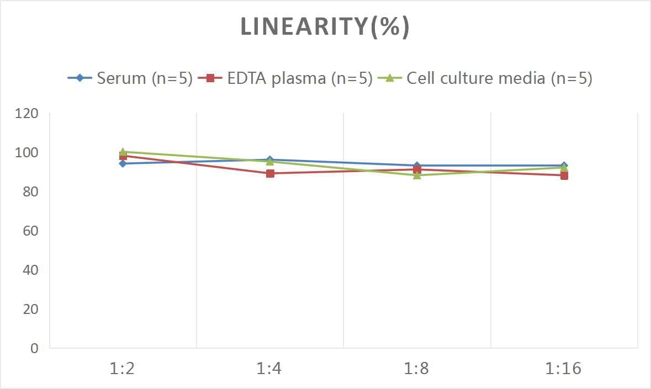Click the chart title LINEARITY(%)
click(325, 27)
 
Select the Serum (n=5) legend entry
click(130, 78)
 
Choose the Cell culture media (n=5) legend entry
click(485, 78)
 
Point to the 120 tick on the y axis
click(27, 114)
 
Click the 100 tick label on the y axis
click(27, 153)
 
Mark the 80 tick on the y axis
click(30, 192)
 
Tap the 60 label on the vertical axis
click(30, 231)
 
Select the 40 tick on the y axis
click(30, 270)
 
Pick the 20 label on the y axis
click(30, 309)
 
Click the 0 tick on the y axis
click(34, 348)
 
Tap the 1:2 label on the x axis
click(123, 369)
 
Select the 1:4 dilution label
click(269, 369)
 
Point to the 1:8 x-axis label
click(417, 369)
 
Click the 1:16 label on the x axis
click(564, 369)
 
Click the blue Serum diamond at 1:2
click(123, 163)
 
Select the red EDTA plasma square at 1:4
click(270, 173)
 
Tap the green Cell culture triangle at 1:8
click(417, 175)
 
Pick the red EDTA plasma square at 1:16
click(564, 175)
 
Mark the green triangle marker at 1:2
click(123, 152)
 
